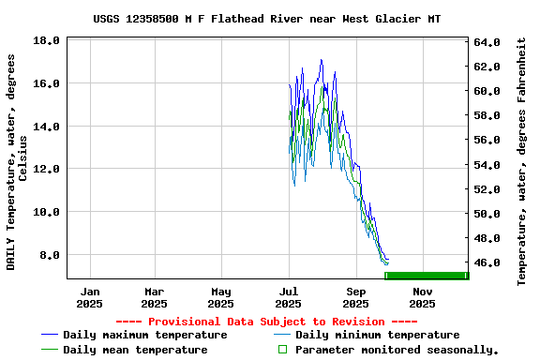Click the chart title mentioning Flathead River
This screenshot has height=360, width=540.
point(267,19)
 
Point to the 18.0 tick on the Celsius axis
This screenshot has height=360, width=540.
point(46,41)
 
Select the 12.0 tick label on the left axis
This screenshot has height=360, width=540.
point(46,169)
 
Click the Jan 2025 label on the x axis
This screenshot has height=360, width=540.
point(89,297)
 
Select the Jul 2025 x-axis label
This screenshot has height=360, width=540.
point(289,297)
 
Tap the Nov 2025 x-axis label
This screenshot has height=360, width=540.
point(422,297)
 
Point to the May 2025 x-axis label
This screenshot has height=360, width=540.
point(221,297)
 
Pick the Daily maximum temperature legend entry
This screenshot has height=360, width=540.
point(144,335)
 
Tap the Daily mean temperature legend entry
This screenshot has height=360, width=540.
point(135,350)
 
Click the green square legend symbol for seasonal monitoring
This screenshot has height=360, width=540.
point(281,350)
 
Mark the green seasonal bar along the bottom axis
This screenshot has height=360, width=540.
point(427,275)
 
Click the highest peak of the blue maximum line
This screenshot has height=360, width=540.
point(322,60)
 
